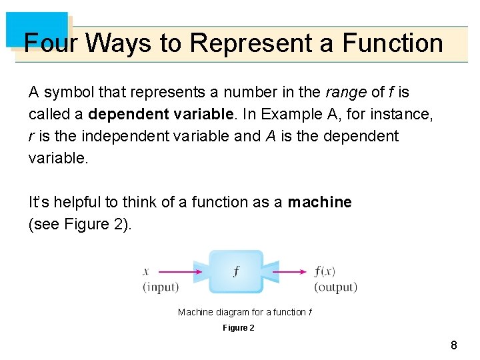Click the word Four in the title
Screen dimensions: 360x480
coord(51,43)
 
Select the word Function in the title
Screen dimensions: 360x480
coord(393,43)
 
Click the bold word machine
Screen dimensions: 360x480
coord(319,202)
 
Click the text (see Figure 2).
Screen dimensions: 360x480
coord(80,224)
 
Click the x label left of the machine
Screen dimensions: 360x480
coord(146,272)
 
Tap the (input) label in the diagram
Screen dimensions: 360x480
coord(161,287)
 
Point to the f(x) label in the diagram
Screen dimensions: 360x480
coord(325,272)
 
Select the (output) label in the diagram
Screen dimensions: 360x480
coord(335,287)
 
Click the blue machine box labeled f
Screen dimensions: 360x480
coord(236,272)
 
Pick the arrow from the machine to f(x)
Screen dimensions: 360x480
coord(291,272)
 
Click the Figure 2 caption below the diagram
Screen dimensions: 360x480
coord(238,328)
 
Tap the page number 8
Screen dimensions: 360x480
coord(454,345)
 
